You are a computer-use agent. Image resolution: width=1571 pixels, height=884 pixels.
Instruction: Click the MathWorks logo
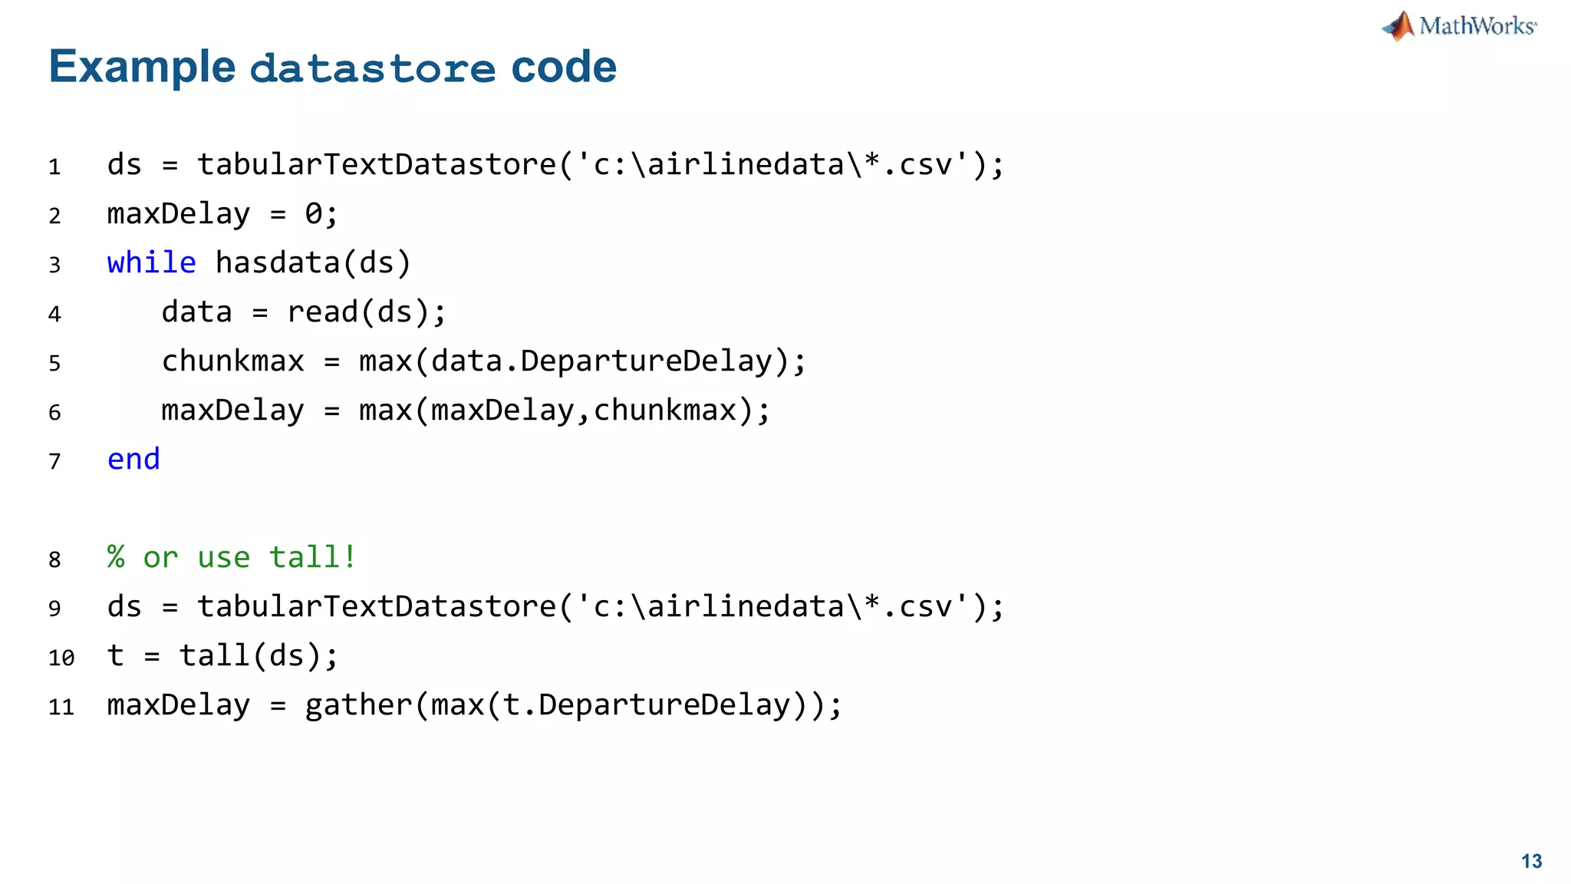[x=1459, y=26]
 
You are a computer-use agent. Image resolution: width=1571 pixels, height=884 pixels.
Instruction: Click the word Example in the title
[x=142, y=67]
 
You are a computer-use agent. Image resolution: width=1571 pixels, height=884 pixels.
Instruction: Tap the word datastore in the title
[x=373, y=68]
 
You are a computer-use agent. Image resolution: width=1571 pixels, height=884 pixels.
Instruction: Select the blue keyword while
[x=151, y=263]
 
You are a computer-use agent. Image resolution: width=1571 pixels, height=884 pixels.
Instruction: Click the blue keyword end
[x=133, y=460]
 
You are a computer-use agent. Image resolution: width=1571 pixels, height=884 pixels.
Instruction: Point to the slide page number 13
[x=1531, y=861]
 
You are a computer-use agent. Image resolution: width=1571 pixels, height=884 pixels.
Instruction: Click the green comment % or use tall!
[x=232, y=558]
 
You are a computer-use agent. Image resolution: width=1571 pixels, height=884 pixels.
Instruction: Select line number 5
[x=54, y=363]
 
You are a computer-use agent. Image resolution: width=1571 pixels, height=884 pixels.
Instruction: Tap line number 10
[x=61, y=658]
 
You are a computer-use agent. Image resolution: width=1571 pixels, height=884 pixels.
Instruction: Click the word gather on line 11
[x=358, y=705]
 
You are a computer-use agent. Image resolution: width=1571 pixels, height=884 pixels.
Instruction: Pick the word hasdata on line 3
[x=278, y=263]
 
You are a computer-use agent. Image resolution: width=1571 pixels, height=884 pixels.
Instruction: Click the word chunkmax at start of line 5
[x=232, y=361]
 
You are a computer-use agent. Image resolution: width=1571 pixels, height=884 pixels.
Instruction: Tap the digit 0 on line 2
[x=314, y=214]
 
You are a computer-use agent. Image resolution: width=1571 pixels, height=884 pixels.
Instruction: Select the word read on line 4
[x=323, y=312]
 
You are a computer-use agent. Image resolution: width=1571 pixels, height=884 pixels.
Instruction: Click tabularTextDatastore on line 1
[x=377, y=165]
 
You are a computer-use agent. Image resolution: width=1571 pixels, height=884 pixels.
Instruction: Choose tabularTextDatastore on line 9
[x=377, y=607]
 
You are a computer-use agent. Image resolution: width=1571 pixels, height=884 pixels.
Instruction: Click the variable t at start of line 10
[x=115, y=656]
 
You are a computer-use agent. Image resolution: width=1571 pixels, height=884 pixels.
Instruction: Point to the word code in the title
[x=564, y=67]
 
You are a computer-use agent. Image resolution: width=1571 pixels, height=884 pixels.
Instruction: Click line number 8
[x=54, y=559]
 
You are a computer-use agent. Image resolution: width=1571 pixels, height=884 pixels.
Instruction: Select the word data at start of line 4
[x=196, y=312]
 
